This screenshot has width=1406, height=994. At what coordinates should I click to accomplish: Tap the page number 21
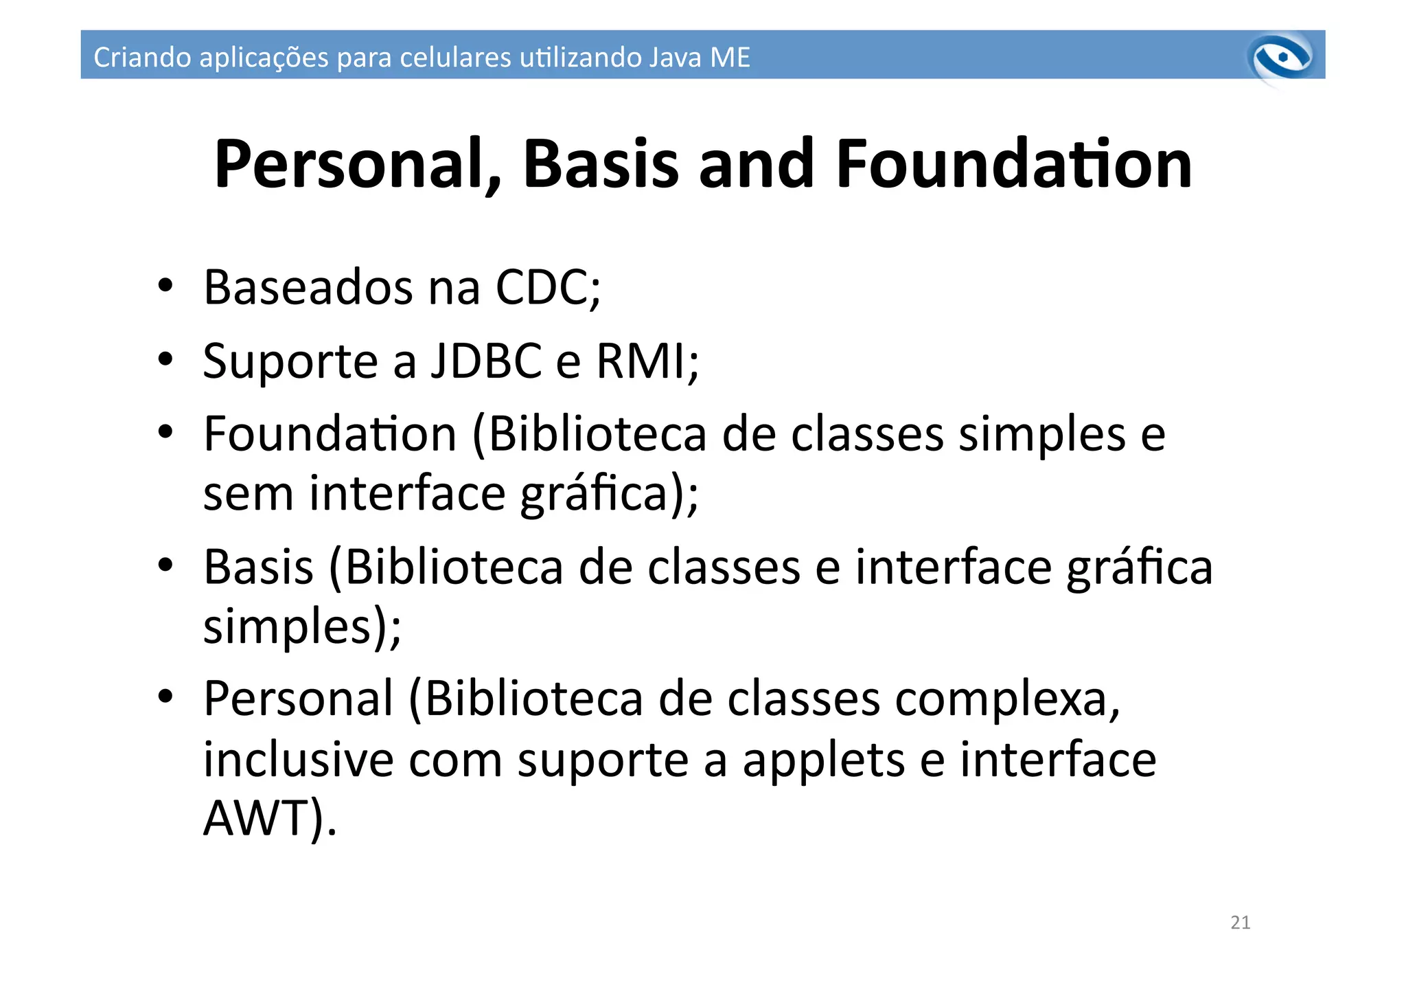[1240, 923]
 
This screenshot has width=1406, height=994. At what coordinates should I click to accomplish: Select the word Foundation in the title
[1013, 165]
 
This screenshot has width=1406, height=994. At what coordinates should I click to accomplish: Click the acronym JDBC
[485, 361]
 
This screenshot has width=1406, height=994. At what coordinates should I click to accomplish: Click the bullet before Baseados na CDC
[165, 286]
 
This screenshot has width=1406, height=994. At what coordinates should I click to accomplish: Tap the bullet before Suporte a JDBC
[165, 359]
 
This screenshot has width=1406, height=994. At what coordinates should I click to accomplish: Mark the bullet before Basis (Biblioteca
[165, 565]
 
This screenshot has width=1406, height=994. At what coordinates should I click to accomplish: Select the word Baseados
[308, 287]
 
